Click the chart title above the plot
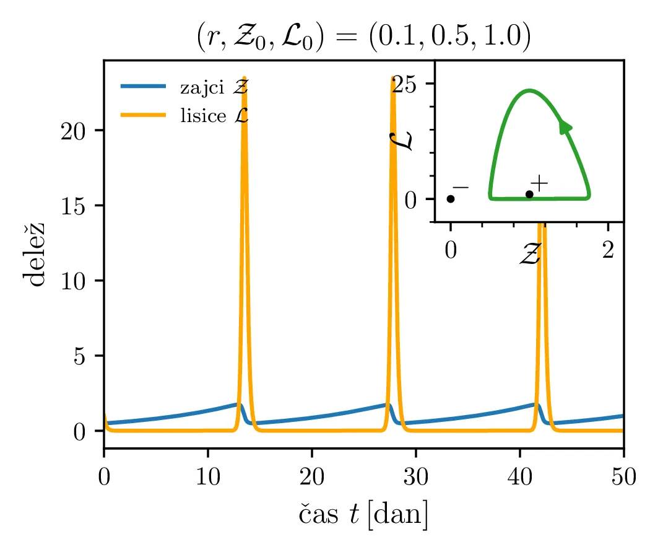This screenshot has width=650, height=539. tap(363, 39)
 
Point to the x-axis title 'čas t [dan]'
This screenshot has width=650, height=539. tap(363, 514)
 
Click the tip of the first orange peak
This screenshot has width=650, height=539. tap(245, 78)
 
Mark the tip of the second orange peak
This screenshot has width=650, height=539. tap(393, 78)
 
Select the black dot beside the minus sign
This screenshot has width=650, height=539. tap(451, 199)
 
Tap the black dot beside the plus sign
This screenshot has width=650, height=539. tap(529, 195)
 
